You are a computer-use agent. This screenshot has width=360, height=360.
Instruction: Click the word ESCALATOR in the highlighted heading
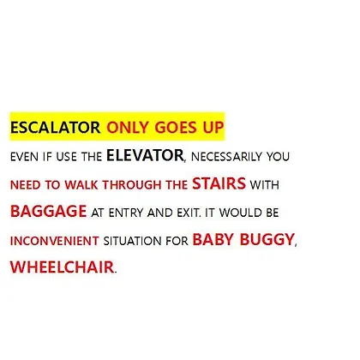(x=55, y=128)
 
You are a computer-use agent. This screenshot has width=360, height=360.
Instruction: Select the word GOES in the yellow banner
(x=176, y=128)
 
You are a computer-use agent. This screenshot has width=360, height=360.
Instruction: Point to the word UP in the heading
(x=213, y=128)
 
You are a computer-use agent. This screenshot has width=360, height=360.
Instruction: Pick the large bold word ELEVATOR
(x=145, y=155)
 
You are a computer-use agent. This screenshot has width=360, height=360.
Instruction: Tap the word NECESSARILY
(x=226, y=157)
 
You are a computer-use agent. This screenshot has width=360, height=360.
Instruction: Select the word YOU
(x=278, y=157)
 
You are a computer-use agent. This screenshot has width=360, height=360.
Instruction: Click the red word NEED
(x=26, y=185)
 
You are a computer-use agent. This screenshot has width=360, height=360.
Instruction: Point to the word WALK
(x=81, y=185)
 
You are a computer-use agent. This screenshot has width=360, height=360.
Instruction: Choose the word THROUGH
(x=132, y=185)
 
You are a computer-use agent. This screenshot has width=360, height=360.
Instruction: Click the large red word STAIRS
(x=219, y=183)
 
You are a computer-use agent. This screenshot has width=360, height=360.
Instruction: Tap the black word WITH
(x=265, y=185)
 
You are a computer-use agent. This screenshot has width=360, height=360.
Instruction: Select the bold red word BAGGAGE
(x=48, y=212)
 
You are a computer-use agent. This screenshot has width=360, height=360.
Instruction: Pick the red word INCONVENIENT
(x=55, y=241)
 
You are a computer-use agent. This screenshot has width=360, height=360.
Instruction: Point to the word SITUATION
(x=132, y=241)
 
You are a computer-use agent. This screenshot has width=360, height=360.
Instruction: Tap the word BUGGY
(x=267, y=239)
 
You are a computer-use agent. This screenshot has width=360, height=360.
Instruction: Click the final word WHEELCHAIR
(x=62, y=267)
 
